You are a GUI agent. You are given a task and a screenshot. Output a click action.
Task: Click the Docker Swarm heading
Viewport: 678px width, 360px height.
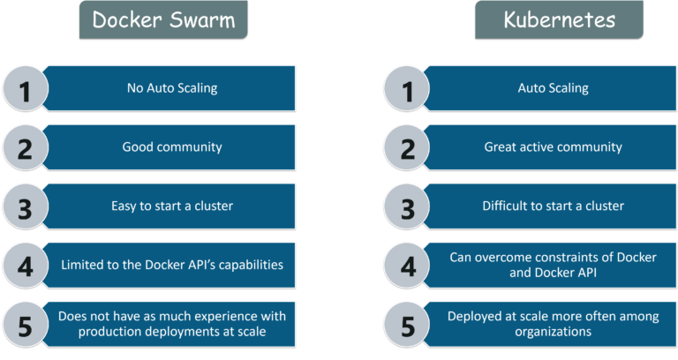163,19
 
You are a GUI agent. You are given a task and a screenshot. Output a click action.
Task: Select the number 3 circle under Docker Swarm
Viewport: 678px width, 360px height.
26,206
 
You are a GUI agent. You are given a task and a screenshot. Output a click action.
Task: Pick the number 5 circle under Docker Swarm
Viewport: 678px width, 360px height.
26,323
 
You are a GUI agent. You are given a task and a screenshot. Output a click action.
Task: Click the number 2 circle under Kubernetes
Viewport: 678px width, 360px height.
407,147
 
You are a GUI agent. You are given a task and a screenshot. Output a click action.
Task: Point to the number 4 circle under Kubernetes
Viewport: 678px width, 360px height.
407,265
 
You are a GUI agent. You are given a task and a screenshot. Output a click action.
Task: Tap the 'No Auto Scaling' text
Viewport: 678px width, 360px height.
172,88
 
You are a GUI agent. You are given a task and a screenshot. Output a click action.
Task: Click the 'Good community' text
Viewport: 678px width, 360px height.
172,146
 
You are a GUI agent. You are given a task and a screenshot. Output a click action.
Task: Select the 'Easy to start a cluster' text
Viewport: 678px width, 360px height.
172,206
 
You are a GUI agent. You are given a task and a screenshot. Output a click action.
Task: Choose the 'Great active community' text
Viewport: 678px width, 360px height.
553,146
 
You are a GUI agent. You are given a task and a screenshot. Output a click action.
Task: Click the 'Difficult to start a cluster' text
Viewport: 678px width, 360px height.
553,206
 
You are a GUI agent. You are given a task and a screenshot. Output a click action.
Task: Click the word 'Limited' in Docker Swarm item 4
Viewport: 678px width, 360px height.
82,265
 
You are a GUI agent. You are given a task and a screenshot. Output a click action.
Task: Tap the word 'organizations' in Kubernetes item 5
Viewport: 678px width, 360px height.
553,333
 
